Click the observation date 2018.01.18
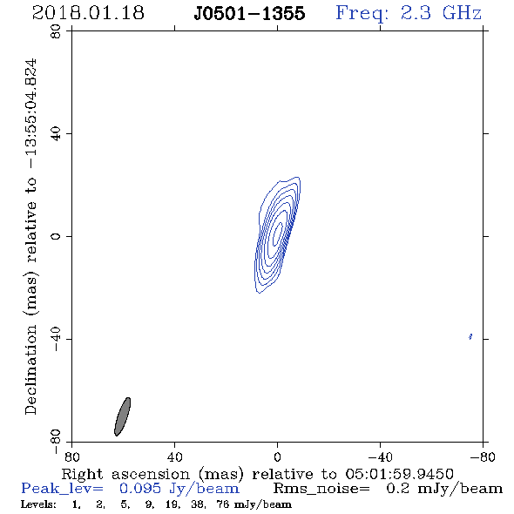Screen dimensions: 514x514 [x=88, y=13]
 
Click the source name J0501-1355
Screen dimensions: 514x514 [x=249, y=13]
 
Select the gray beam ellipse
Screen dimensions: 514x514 [x=123, y=416]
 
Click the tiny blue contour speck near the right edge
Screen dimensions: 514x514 [x=470, y=336]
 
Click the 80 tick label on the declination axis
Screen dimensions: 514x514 [x=56, y=31]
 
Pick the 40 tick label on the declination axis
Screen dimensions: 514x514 [x=56, y=134]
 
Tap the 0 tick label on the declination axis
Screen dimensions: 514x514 [x=56, y=236]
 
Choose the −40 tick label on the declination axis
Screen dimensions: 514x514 [x=56, y=339]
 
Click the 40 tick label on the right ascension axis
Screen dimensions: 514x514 [x=174, y=457]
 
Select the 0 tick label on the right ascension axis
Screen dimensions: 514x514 [x=277, y=457]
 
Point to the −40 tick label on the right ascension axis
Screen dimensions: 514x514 [x=380, y=457]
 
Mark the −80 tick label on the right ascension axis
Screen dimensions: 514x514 [x=483, y=457]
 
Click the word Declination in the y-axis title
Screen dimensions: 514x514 [x=30, y=369]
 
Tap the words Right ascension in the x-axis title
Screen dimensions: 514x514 [x=125, y=474]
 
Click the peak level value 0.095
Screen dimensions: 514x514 [x=140, y=489]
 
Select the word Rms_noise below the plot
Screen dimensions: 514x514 [x=321, y=489]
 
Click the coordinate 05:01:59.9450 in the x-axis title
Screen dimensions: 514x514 [x=399, y=474]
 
